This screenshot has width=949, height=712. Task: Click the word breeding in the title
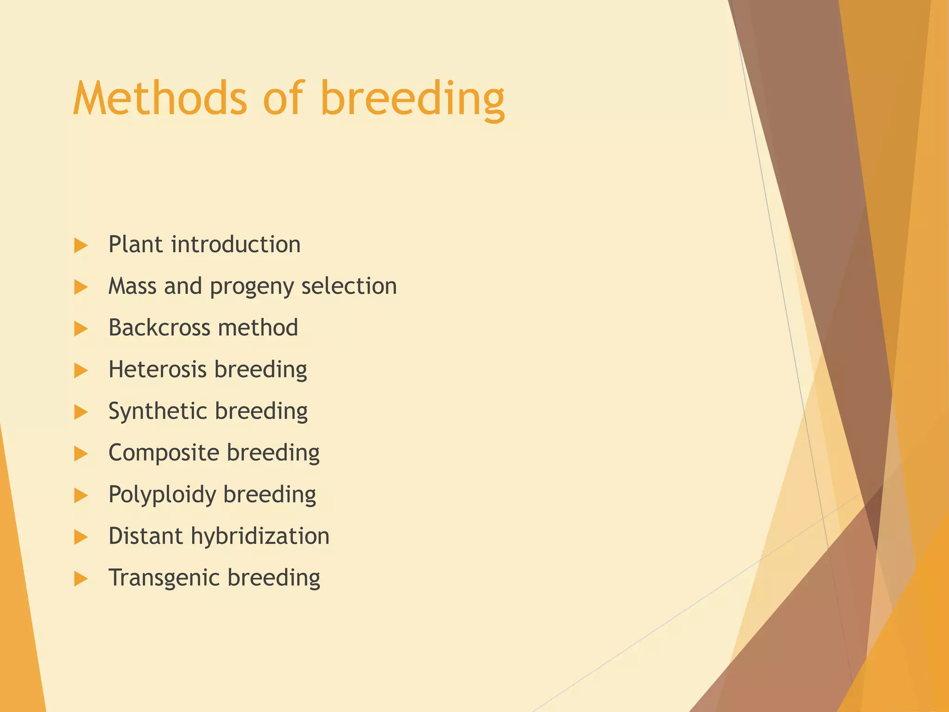(412, 99)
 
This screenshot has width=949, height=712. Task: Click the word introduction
(236, 244)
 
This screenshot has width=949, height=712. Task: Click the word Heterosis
(157, 369)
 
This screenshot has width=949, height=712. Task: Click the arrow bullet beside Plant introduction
(81, 245)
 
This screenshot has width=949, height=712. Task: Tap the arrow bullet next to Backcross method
(81, 329)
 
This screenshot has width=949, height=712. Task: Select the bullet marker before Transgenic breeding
(81, 578)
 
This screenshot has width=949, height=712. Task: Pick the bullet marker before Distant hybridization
(81, 537)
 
